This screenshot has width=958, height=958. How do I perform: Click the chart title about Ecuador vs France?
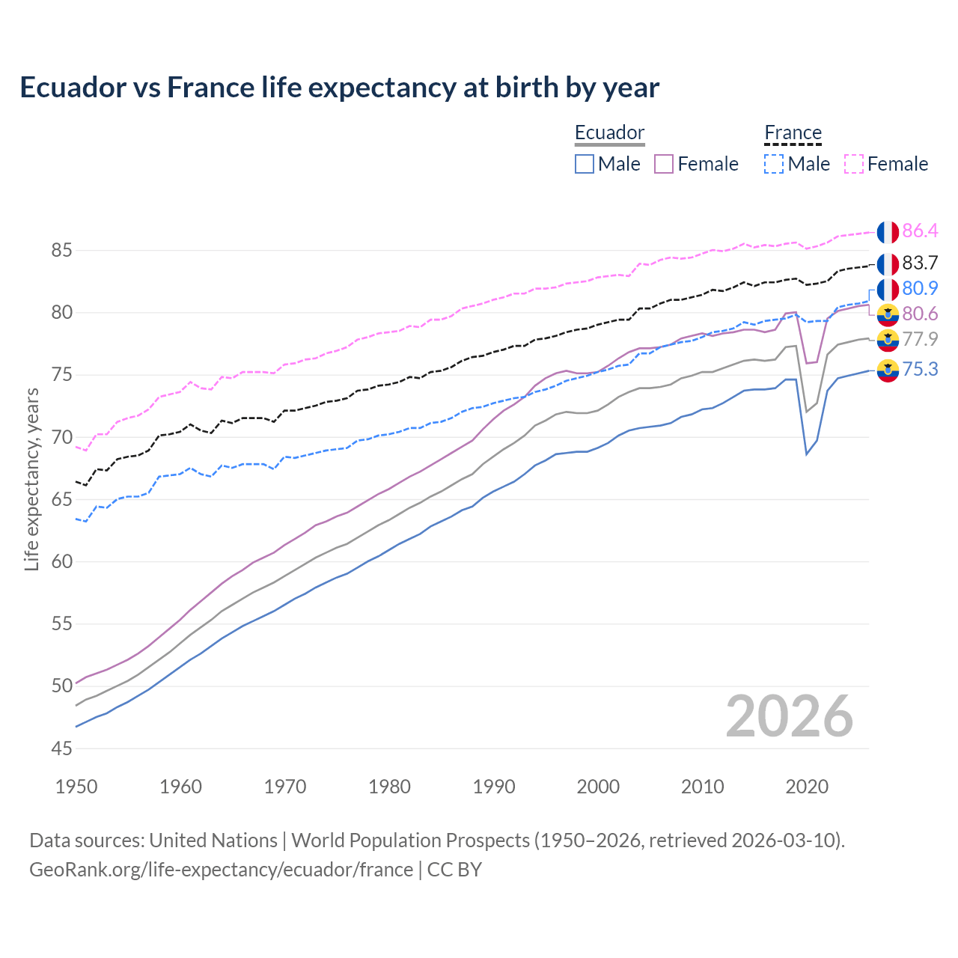(339, 88)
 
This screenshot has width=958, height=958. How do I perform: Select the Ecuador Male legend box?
(585, 164)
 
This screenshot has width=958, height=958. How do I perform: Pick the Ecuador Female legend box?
(664, 164)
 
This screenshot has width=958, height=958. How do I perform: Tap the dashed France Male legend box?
(774, 164)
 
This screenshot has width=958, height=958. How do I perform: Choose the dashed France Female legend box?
(854, 164)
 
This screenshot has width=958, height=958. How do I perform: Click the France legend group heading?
(793, 133)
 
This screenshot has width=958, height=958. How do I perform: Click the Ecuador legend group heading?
(609, 133)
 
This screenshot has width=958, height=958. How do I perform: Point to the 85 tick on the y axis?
(61, 250)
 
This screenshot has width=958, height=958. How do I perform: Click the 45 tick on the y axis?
(61, 748)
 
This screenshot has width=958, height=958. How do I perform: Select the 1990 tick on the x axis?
(494, 787)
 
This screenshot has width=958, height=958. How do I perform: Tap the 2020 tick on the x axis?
(807, 787)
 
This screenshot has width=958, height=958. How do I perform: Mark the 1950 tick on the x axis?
(76, 787)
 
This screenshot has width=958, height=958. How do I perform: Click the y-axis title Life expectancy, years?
(31, 479)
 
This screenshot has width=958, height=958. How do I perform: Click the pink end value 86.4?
(920, 231)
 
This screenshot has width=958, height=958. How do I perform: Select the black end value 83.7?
(920, 263)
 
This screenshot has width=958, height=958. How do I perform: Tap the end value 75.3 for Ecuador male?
(920, 369)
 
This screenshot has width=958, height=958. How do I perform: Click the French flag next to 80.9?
(888, 289)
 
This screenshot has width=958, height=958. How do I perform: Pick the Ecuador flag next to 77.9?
(888, 340)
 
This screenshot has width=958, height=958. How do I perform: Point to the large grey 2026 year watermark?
(789, 716)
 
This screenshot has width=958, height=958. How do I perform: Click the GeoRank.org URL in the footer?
(221, 870)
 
